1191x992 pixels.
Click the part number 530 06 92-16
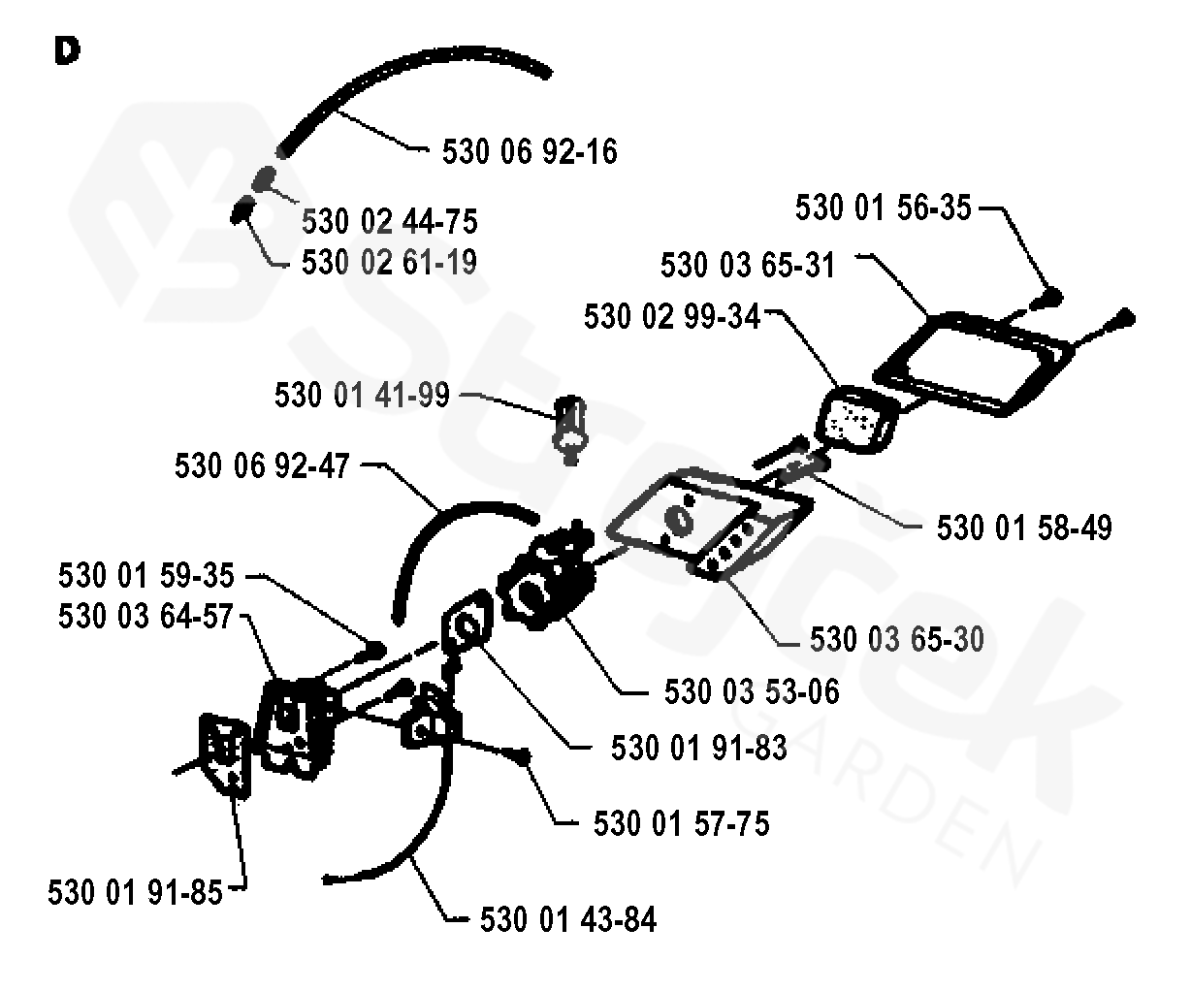pyautogui.click(x=529, y=152)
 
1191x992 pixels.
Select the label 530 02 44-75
pyautogui.click(x=390, y=222)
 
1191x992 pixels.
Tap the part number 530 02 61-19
pyautogui.click(x=390, y=262)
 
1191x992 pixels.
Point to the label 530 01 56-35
pyautogui.click(x=883, y=208)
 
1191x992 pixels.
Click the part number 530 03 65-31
pyautogui.click(x=748, y=266)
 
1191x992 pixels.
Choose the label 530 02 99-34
pyautogui.click(x=672, y=317)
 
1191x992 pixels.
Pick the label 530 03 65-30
pyautogui.click(x=896, y=639)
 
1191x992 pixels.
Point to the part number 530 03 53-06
pyautogui.click(x=752, y=692)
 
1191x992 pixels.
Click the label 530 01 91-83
pyautogui.click(x=698, y=749)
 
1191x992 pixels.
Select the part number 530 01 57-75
pyautogui.click(x=681, y=824)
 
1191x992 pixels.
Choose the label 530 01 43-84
pyautogui.click(x=567, y=919)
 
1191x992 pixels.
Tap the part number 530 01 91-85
pyautogui.click(x=135, y=892)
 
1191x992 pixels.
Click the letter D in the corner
pyautogui.click(x=68, y=52)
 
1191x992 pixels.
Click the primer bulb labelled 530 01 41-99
pyautogui.click(x=569, y=425)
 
